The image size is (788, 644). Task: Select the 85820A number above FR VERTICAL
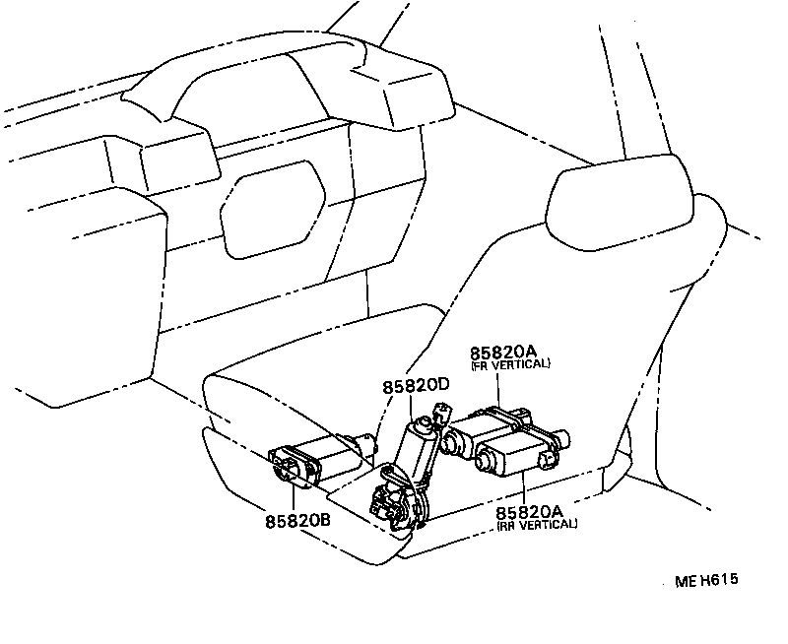tap(501, 353)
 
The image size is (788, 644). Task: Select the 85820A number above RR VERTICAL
tap(529, 512)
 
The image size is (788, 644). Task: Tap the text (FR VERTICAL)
tap(510, 364)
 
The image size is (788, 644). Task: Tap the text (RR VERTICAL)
tap(537, 524)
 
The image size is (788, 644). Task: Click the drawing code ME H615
tap(706, 580)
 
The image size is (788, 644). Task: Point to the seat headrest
tap(619, 202)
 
